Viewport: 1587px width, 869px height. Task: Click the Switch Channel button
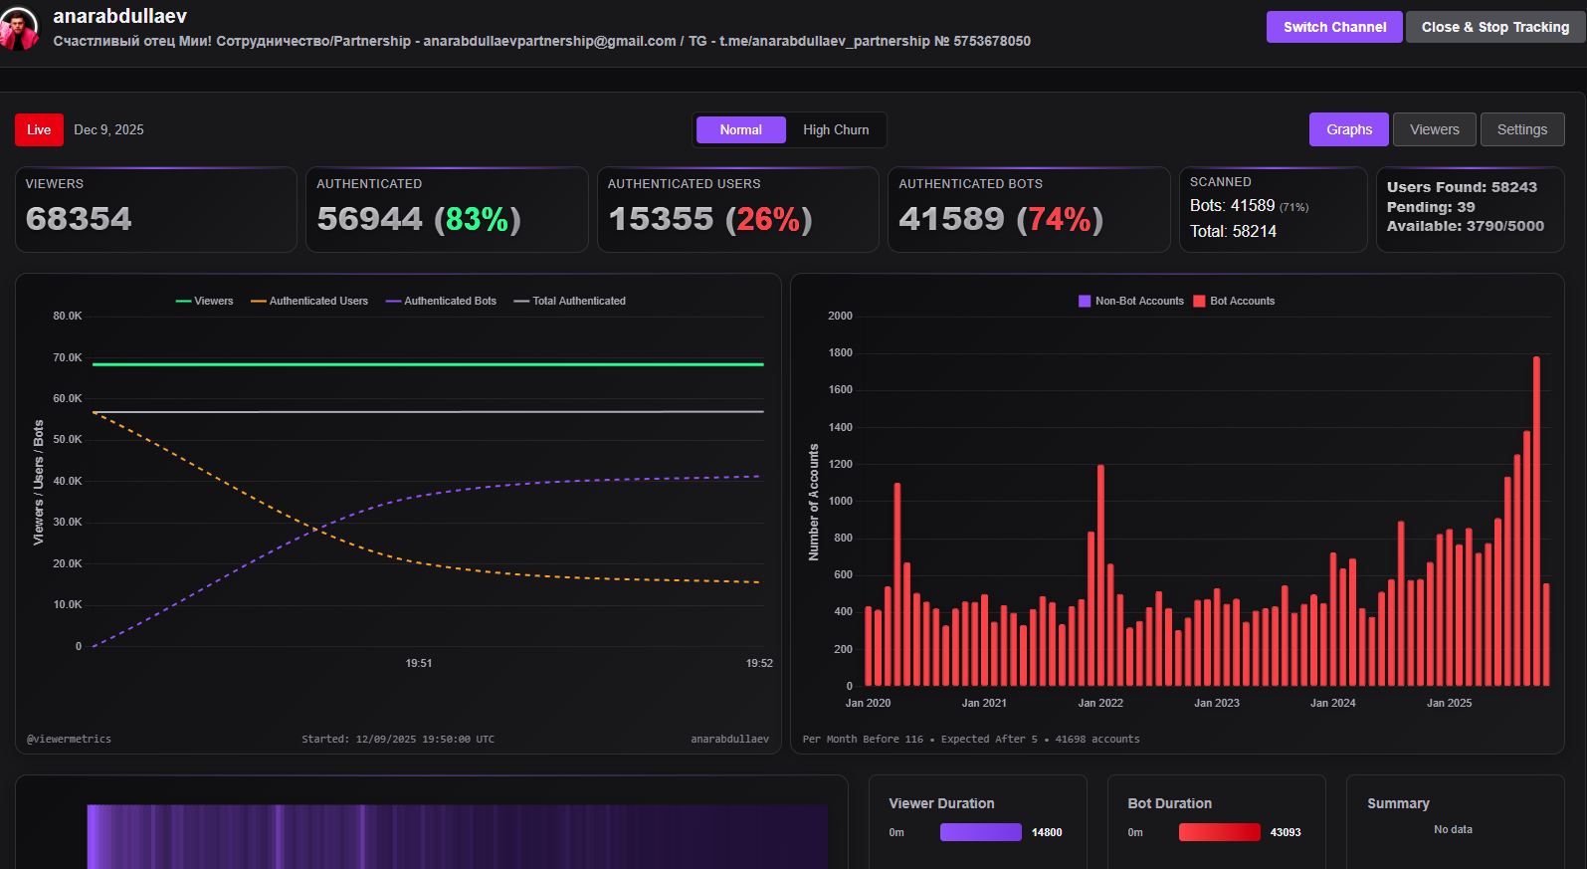click(1333, 27)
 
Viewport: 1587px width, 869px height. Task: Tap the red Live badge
click(39, 130)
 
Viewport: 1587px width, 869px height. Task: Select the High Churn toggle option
click(836, 130)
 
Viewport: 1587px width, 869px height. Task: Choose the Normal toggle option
click(740, 130)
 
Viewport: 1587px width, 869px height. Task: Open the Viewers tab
click(1434, 129)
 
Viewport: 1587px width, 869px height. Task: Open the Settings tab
click(1521, 129)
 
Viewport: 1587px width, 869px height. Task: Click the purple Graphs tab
click(1348, 129)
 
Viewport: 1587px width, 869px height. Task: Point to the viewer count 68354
click(79, 219)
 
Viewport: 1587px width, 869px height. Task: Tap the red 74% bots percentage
click(1060, 219)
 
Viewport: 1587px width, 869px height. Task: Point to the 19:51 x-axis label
click(419, 663)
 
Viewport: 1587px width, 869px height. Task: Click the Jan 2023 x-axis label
click(1216, 703)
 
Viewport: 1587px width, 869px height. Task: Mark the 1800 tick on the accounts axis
click(840, 353)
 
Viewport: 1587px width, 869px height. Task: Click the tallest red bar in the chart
click(1536, 518)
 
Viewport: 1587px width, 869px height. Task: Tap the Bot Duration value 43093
click(1286, 832)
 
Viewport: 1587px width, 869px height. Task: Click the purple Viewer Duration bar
click(980, 832)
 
